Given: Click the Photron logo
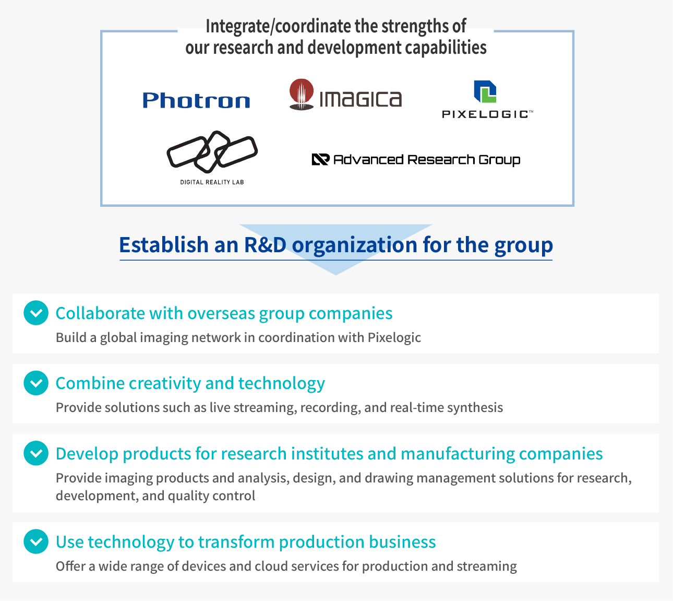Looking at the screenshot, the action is [x=196, y=100].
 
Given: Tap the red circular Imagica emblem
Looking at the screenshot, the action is [x=302, y=94].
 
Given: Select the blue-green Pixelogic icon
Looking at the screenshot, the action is [x=485, y=91].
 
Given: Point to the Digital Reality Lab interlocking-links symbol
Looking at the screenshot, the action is [x=212, y=152].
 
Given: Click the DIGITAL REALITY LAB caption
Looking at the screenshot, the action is [x=212, y=182].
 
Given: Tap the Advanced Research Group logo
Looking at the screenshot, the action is [x=416, y=160].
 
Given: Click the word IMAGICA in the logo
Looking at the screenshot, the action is [x=360, y=99].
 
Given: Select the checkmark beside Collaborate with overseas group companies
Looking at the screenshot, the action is [x=36, y=313].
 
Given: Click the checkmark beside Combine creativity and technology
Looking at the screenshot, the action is [x=36, y=383].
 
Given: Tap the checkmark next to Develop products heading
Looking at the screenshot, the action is [x=36, y=453].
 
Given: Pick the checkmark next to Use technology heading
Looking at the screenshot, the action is [x=36, y=541].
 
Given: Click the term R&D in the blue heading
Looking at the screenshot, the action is [x=265, y=245].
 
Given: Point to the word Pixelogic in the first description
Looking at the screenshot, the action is [x=394, y=338].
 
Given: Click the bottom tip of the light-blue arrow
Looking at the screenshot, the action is [x=336, y=275].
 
